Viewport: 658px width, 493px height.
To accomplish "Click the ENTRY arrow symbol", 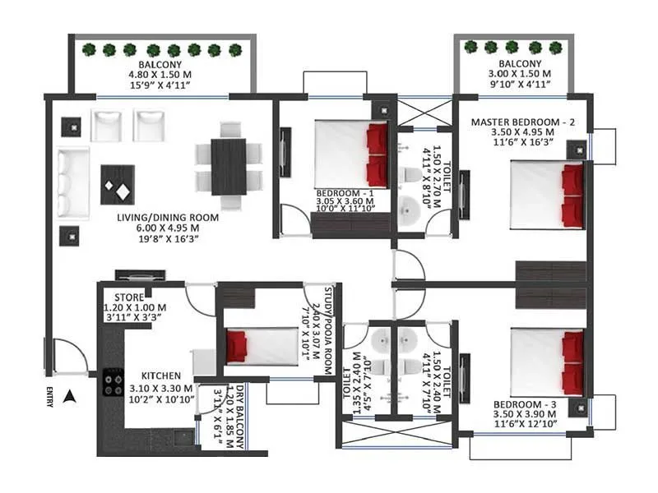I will click(71, 398).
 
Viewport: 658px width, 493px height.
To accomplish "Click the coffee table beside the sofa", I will click(118, 183).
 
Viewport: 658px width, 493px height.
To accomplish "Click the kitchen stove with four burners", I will click(110, 381).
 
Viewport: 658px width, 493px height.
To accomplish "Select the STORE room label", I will click(130, 297).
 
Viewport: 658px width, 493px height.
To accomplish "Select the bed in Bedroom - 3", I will click(547, 361).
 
